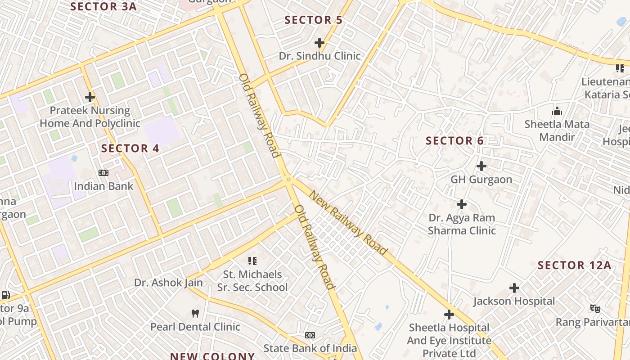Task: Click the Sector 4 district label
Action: pyautogui.click(x=130, y=148)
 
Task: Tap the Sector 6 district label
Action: pyautogui.click(x=454, y=141)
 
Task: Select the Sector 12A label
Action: pyautogui.click(x=575, y=265)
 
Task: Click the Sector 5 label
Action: pyautogui.click(x=314, y=20)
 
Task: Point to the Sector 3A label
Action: pyautogui.click(x=103, y=7)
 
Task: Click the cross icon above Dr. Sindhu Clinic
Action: pyautogui.click(x=319, y=43)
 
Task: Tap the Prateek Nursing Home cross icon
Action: pyautogui.click(x=90, y=97)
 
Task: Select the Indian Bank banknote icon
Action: pyautogui.click(x=103, y=173)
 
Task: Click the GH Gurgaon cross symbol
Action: pyautogui.click(x=481, y=166)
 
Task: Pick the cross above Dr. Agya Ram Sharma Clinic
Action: pyautogui.click(x=462, y=204)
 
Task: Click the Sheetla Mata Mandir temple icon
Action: pyautogui.click(x=557, y=111)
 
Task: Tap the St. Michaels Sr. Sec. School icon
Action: pyautogui.click(x=252, y=261)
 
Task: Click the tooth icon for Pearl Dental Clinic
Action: pyautogui.click(x=195, y=313)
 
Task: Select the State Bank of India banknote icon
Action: pyautogui.click(x=310, y=335)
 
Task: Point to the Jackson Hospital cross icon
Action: pyautogui.click(x=514, y=288)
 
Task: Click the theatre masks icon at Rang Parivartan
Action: pyautogui.click(x=595, y=309)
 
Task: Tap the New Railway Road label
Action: pyautogui.click(x=348, y=223)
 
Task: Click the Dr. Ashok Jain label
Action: pyautogui.click(x=168, y=283)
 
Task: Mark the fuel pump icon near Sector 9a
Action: pyautogui.click(x=6, y=295)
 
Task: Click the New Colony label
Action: pyautogui.click(x=212, y=356)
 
